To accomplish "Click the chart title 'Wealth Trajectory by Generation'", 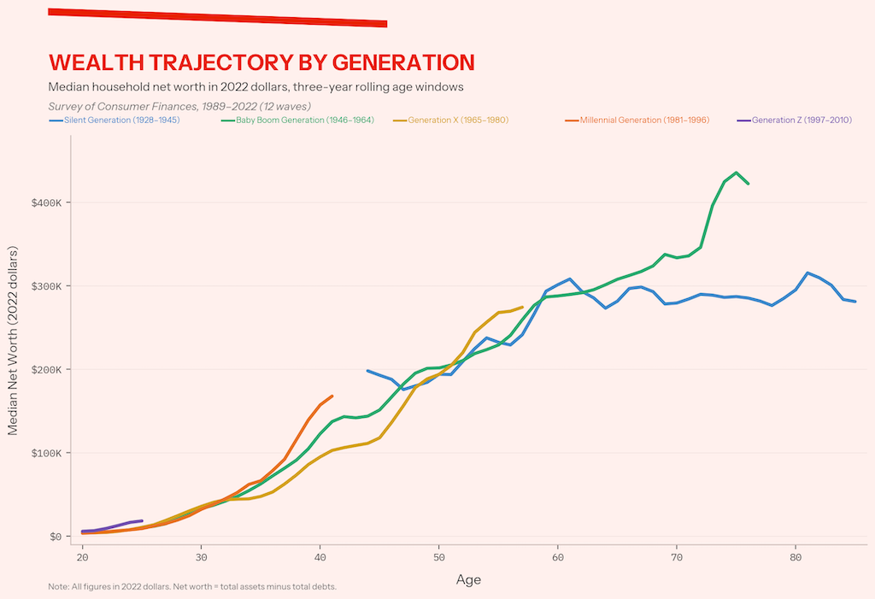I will pyautogui.click(x=261, y=62).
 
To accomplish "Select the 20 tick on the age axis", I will pyautogui.click(x=82, y=557).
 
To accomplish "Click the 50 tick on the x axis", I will pyautogui.click(x=438, y=557).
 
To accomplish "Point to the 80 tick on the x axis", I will pyautogui.click(x=796, y=557).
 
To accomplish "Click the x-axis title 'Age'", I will pyautogui.click(x=468, y=579).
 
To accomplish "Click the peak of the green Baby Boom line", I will pyautogui.click(x=737, y=173).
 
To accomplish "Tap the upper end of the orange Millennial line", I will pyautogui.click(x=332, y=396).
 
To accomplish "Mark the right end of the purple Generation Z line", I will pyautogui.click(x=142, y=520).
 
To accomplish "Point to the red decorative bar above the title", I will pyautogui.click(x=218, y=17).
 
